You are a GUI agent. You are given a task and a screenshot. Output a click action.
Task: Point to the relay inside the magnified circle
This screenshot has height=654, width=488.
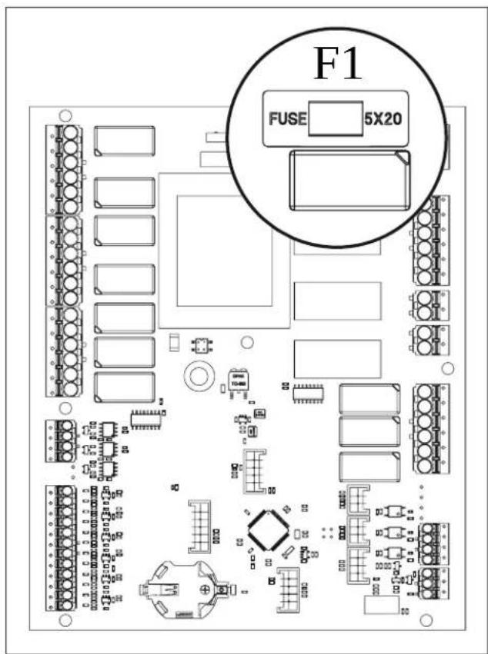tap(349, 182)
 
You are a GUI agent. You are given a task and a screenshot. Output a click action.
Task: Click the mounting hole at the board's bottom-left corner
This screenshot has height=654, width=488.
tap(65, 620)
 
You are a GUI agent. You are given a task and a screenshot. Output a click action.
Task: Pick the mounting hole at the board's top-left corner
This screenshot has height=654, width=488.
tap(65, 115)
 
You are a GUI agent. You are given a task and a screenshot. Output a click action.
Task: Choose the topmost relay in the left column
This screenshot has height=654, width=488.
tap(125, 141)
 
